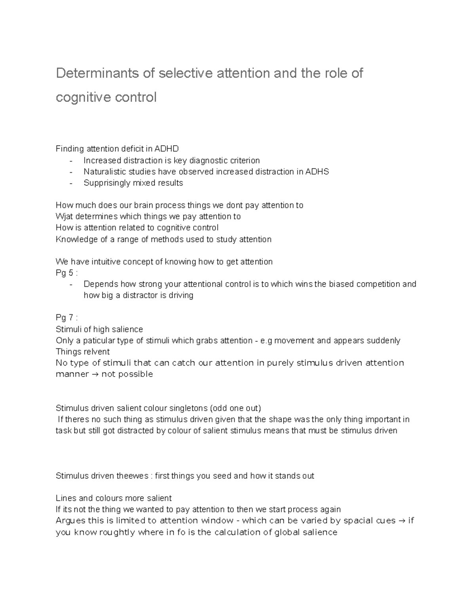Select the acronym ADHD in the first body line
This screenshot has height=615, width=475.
167,149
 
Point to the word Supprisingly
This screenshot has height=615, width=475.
107,183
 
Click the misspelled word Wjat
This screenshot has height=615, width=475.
64,217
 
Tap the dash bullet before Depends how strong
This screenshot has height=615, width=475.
71,284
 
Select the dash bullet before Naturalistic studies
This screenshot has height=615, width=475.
71,172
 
